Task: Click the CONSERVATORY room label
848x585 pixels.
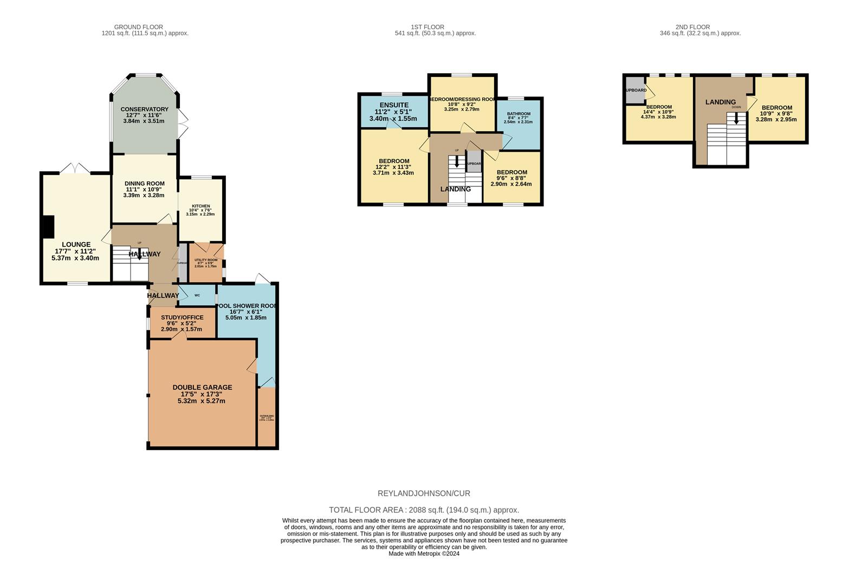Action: click(x=144, y=109)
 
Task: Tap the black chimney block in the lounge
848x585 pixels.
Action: click(x=49, y=226)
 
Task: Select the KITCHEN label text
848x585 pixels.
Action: click(x=200, y=206)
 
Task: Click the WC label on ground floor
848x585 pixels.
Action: click(x=197, y=295)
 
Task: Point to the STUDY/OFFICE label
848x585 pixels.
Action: click(x=182, y=317)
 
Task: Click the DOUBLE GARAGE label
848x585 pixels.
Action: click(x=202, y=387)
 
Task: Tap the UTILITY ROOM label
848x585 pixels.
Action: click(x=206, y=260)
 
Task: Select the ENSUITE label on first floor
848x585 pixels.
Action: click(x=394, y=105)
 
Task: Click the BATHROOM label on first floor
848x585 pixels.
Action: click(x=519, y=114)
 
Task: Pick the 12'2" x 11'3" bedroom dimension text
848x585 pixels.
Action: click(x=393, y=167)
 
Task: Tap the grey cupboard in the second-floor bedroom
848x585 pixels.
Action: click(x=635, y=90)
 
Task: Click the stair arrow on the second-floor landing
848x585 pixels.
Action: click(x=736, y=118)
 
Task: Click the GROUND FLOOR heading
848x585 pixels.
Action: click(x=139, y=27)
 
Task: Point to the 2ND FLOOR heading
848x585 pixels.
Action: click(x=692, y=27)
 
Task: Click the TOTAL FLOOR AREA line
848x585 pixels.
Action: click(x=424, y=510)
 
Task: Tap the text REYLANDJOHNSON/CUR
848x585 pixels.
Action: click(x=424, y=493)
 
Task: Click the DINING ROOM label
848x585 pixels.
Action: click(x=144, y=184)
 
